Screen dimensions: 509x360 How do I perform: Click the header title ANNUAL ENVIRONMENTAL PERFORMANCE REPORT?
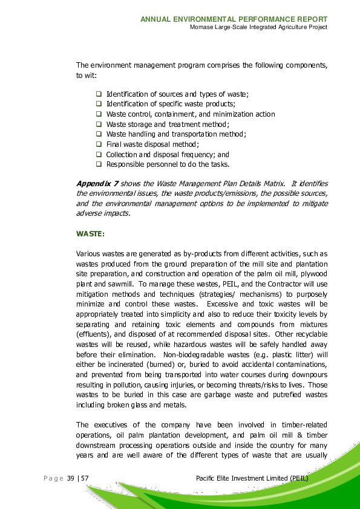click(x=234, y=19)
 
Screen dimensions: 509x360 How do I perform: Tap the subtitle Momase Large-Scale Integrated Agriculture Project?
click(x=258, y=28)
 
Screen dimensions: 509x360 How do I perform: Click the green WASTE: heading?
click(x=90, y=233)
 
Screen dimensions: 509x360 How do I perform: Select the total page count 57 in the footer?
click(x=85, y=479)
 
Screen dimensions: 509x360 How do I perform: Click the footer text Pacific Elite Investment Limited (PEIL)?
click(x=252, y=479)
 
